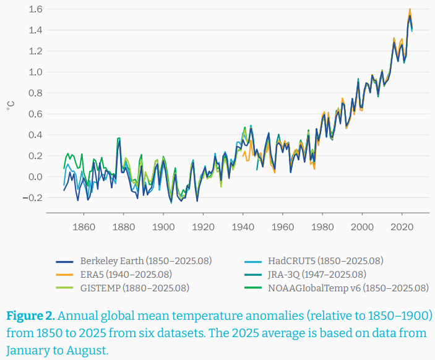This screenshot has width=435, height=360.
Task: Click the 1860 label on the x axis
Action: (84, 226)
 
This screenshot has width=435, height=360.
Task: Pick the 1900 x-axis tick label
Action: (163, 226)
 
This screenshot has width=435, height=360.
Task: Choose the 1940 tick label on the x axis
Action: (243, 226)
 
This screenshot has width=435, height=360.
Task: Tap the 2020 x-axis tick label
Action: (402, 226)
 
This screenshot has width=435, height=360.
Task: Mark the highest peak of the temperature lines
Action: (410, 10)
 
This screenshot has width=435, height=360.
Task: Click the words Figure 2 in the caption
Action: (30, 316)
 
